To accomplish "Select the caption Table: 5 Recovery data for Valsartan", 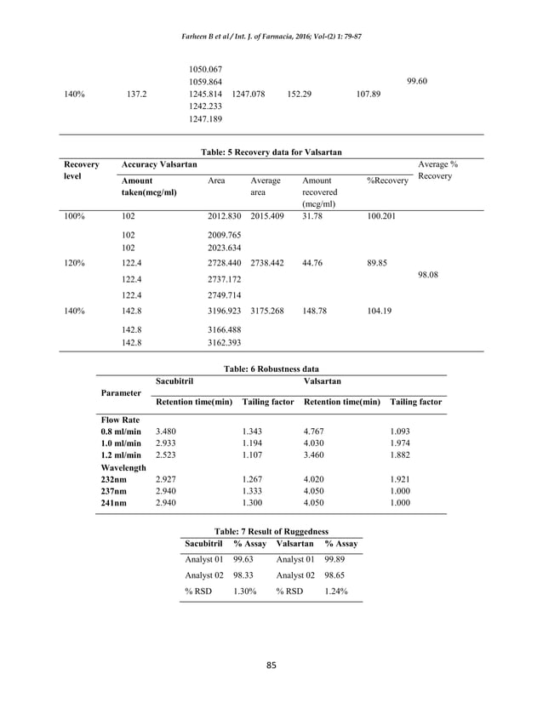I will click(271, 151).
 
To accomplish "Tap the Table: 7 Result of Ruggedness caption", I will click(271, 529).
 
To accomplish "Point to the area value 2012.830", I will click(226, 217).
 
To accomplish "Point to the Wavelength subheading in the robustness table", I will click(123, 467).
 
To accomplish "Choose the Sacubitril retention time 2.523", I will click(169, 455).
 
